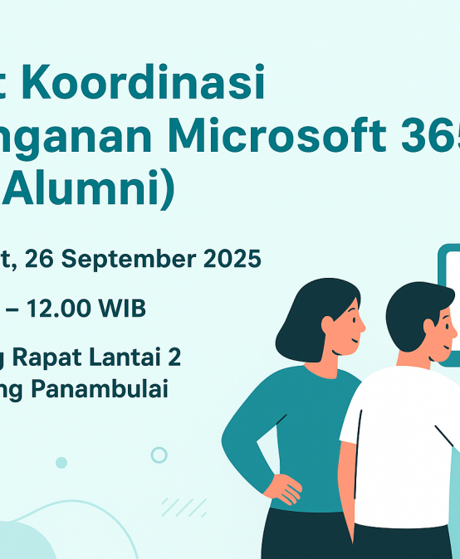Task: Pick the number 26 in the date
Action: coord(41,260)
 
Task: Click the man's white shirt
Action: coord(399,448)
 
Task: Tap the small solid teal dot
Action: coord(61,463)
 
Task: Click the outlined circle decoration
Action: coord(159,454)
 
